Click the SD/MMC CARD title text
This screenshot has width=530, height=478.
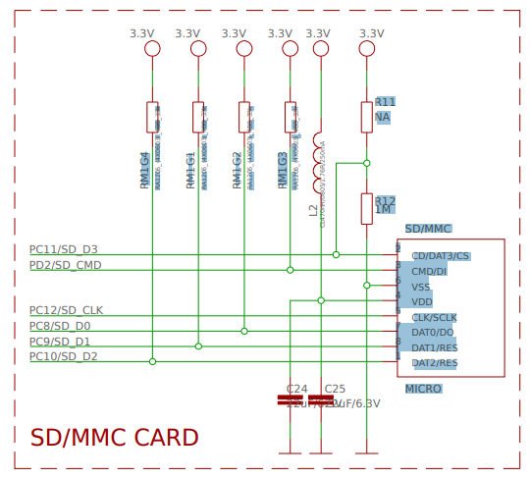[114, 438]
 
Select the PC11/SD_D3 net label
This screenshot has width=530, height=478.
[64, 250]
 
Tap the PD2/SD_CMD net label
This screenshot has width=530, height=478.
[65, 265]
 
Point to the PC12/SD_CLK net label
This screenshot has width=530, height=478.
[66, 310]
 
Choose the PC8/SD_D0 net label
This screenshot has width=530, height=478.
[60, 326]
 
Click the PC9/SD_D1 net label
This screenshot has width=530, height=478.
[60, 342]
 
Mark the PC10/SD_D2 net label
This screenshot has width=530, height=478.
[64, 356]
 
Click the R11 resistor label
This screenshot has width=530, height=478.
[385, 102]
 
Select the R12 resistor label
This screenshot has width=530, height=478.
[385, 201]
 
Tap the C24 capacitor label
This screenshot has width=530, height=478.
[296, 389]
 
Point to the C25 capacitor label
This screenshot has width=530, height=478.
[335, 389]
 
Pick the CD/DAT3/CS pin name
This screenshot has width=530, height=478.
[440, 256]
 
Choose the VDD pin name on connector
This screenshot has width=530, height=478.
[421, 302]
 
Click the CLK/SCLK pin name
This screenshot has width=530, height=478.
[434, 318]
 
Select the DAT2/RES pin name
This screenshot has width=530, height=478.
[435, 363]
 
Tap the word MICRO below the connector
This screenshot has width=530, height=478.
[423, 390]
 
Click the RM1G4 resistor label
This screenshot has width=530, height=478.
[145, 170]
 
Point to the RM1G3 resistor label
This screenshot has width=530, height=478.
[283, 170]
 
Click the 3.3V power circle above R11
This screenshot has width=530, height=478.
[367, 49]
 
